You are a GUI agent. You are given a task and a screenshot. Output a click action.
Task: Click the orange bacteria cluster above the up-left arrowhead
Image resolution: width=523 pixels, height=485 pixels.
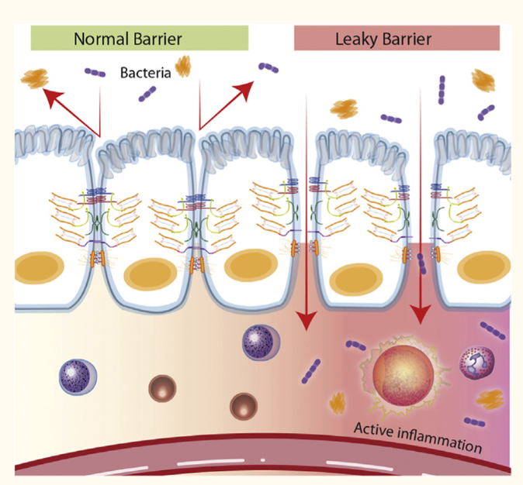click(x=35, y=77)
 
